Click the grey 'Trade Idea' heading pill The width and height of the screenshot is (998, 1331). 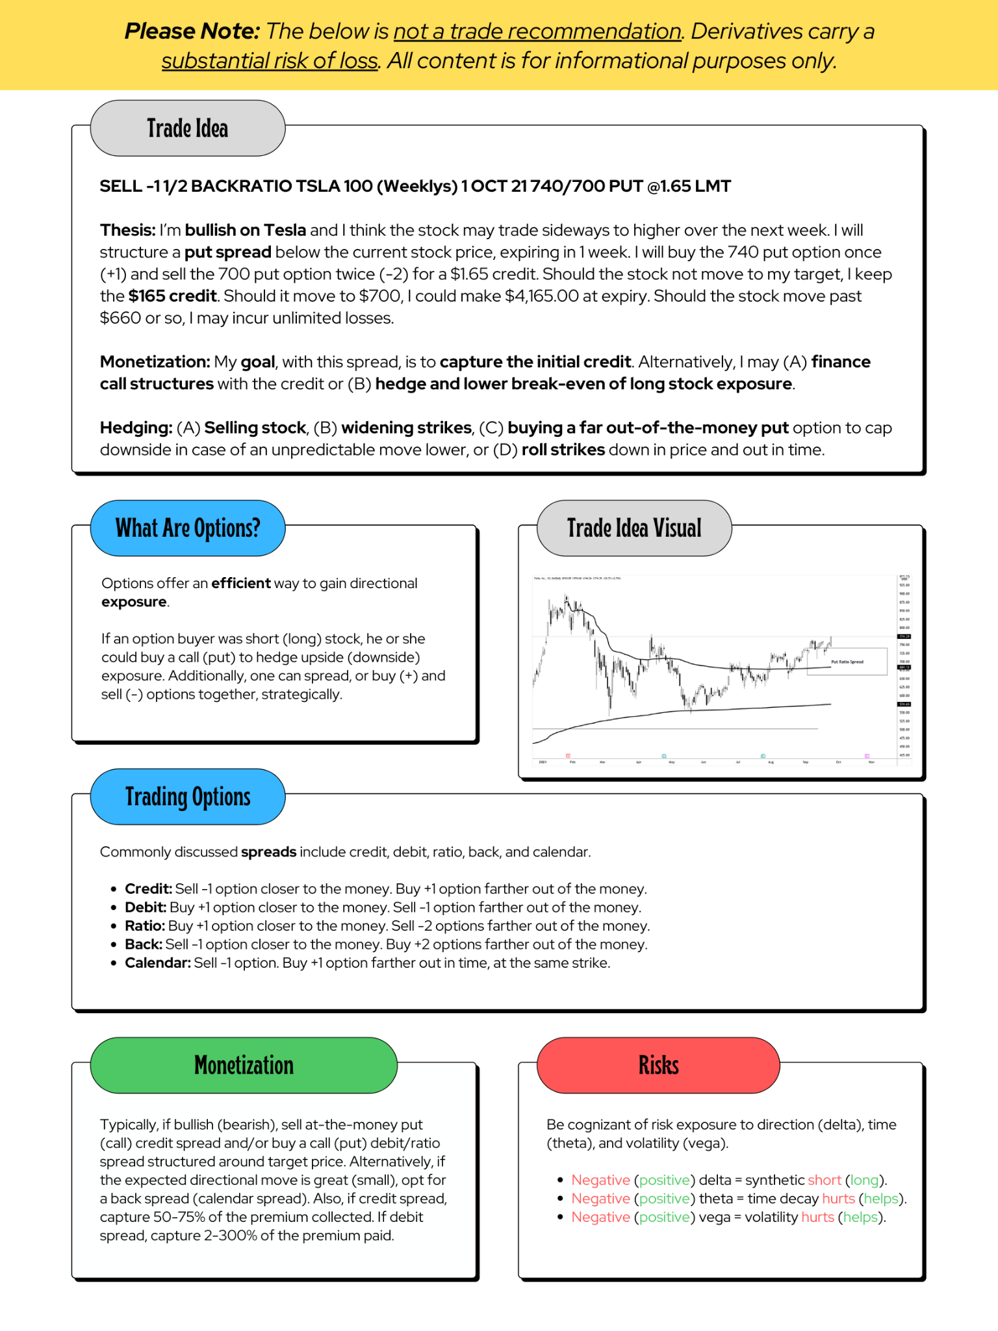tap(187, 128)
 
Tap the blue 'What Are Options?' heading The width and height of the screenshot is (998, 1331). tap(187, 528)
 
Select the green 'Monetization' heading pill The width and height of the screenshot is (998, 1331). tap(244, 1065)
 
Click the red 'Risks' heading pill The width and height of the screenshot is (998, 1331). tap(658, 1065)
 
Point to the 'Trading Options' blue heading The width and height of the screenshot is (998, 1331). tap(187, 797)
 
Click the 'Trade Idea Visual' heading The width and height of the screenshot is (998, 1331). tap(634, 528)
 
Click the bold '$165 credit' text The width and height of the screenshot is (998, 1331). tap(172, 296)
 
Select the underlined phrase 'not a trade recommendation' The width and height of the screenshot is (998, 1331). tap(537, 31)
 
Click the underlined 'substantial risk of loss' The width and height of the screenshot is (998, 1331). tap(270, 61)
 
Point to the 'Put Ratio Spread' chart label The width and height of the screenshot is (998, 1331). tap(847, 662)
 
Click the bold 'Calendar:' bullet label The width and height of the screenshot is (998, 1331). tap(158, 963)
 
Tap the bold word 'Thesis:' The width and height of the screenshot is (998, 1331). tap(127, 230)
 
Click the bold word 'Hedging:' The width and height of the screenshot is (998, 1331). tap(136, 428)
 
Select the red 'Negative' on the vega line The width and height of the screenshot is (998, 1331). tap(600, 1217)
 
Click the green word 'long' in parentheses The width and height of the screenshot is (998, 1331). tap(864, 1180)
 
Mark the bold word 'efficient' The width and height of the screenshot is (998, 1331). tap(241, 583)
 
